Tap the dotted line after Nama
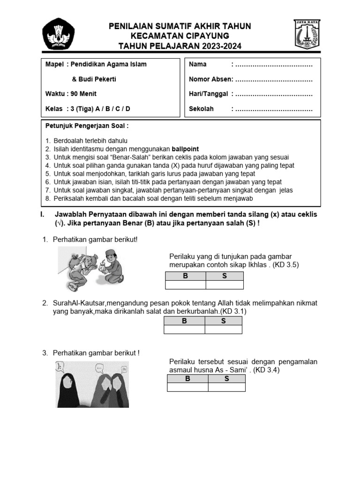pos(273,64)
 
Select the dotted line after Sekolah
pos(273,109)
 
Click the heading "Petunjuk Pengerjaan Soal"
pos(87,126)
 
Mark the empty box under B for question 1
pos(185,285)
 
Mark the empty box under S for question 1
pos(225,285)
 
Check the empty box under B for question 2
pos(184,329)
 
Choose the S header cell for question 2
pos(223,321)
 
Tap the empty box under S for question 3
pos(226,387)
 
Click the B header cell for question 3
pos(187,379)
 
